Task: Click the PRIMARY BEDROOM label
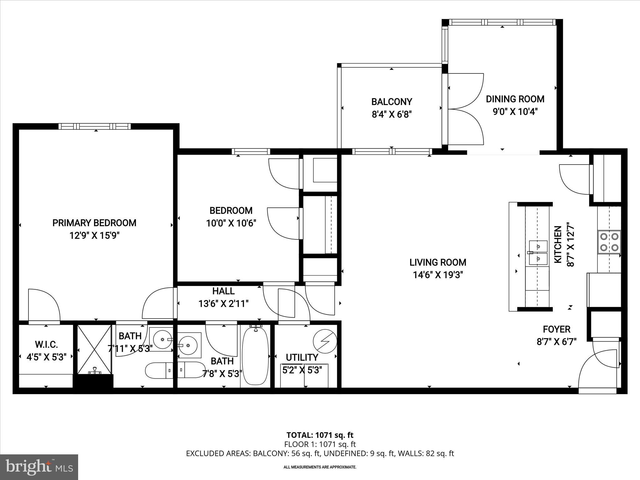click(94, 223)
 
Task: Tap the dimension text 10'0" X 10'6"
click(231, 223)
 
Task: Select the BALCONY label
click(392, 102)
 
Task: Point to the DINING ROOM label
click(515, 99)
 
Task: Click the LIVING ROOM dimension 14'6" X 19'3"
click(437, 275)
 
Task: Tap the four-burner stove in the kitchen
click(609, 242)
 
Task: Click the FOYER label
click(556, 329)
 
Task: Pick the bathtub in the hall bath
click(255, 356)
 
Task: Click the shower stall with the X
click(94, 349)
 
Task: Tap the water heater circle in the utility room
click(325, 341)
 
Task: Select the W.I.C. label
click(46, 345)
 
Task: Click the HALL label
click(223, 291)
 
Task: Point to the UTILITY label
click(302, 357)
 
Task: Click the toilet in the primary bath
click(159, 370)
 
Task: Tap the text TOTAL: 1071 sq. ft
click(320, 435)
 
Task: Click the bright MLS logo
click(39, 467)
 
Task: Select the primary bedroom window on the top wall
click(94, 126)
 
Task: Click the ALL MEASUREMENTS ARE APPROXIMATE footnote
click(320, 467)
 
